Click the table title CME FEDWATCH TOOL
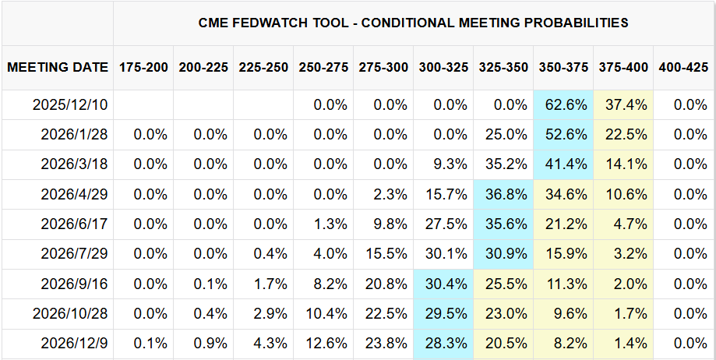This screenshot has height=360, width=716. click(x=413, y=23)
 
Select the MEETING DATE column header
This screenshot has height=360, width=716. click(x=58, y=67)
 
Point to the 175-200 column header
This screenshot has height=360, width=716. click(x=143, y=67)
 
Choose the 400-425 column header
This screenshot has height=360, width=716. click(x=683, y=67)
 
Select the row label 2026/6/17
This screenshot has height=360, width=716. click(x=74, y=224)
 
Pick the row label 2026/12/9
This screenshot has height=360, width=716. click(x=74, y=343)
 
